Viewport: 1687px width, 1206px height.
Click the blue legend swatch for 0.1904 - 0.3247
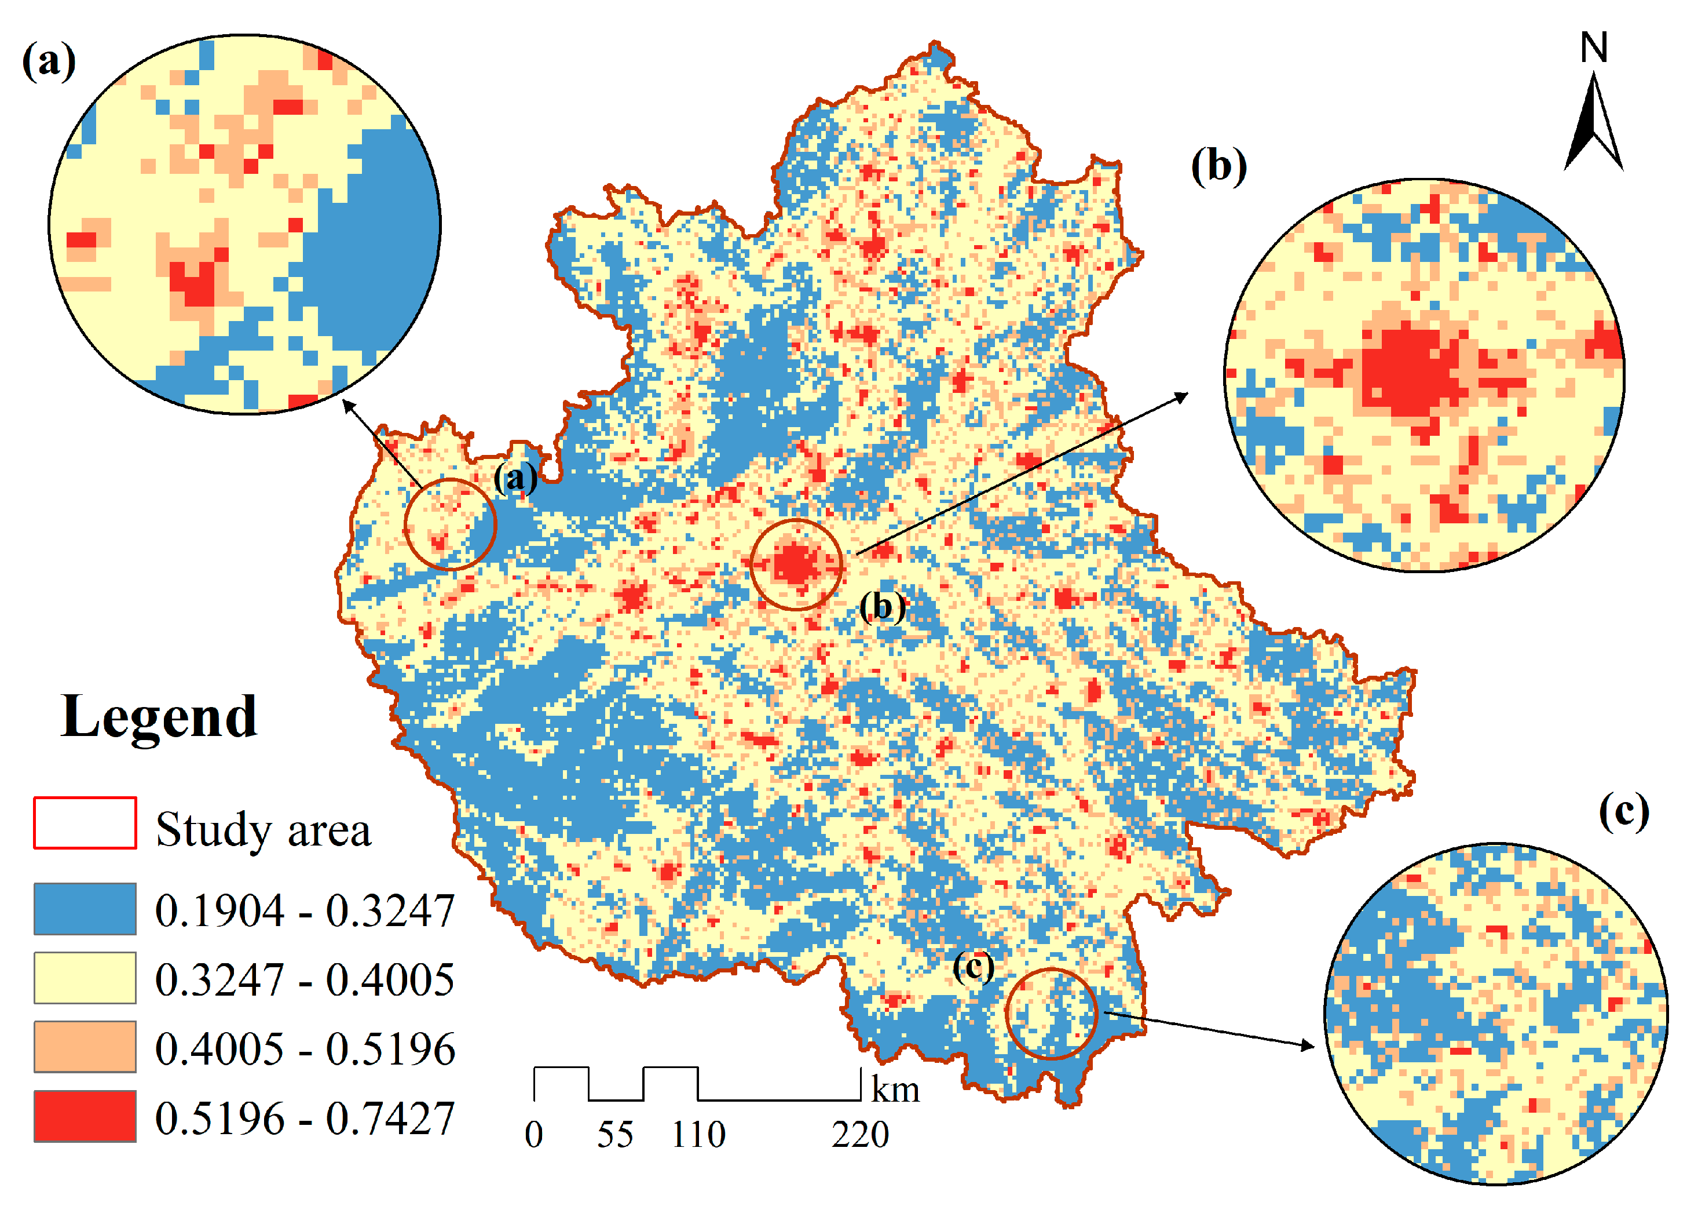pos(85,908)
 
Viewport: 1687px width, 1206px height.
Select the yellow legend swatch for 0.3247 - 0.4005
pos(85,977)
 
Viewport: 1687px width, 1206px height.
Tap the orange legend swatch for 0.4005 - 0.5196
pos(85,1046)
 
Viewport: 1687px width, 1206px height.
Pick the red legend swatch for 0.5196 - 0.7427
pos(85,1116)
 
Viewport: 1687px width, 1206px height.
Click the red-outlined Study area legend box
pos(85,822)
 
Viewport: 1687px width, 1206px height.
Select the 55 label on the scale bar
pos(614,1135)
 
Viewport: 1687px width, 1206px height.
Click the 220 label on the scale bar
pos(859,1135)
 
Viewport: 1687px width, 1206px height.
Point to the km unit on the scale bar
pos(895,1090)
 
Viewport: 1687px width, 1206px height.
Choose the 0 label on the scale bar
pos(533,1135)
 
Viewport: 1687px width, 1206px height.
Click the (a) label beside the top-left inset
pos(49,61)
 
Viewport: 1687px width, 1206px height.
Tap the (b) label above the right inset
pos(1218,166)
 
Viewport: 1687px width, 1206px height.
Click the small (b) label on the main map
pos(883,607)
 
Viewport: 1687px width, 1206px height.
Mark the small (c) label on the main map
pos(973,966)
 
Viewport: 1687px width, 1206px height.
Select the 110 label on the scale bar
pos(698,1135)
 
